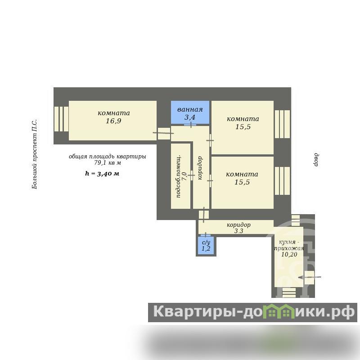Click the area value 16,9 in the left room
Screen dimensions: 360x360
(x=113, y=121)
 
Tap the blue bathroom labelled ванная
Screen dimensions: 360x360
(x=190, y=112)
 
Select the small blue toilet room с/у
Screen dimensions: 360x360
(x=206, y=246)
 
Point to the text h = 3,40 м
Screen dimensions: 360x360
(x=102, y=173)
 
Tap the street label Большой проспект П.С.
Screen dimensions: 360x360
(x=35, y=154)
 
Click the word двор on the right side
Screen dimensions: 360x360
(x=316, y=160)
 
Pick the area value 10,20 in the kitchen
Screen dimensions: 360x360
(x=289, y=254)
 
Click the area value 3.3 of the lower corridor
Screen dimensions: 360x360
(x=238, y=231)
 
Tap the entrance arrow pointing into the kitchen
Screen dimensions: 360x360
(x=310, y=277)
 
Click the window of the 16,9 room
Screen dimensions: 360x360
(x=61, y=119)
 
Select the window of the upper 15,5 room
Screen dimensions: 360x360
(x=283, y=124)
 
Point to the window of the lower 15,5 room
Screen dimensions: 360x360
(x=283, y=181)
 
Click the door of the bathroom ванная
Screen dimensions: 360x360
(x=190, y=125)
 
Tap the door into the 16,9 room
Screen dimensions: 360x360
(x=163, y=133)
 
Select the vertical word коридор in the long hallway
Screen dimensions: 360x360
(x=200, y=168)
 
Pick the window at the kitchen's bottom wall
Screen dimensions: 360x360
(x=289, y=293)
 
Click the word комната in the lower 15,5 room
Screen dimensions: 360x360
(x=242, y=174)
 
